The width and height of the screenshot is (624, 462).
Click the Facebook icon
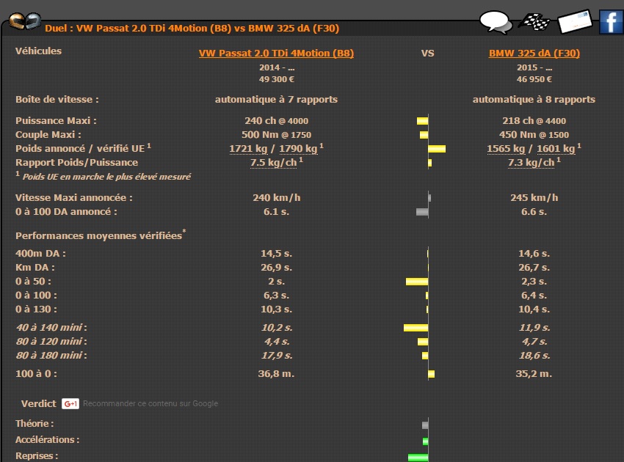coord(611,22)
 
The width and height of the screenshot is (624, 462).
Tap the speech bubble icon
coord(496,22)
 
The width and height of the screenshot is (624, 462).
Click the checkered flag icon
coord(534,22)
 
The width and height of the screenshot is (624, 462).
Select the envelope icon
coord(575,22)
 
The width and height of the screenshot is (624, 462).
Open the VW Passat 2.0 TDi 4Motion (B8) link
coord(276,54)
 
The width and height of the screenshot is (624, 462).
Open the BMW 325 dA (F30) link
coord(534,54)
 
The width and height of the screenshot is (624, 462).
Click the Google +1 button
coord(70,403)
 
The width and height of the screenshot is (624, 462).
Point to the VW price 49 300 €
coord(276,79)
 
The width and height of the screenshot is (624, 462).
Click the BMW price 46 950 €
coord(534,79)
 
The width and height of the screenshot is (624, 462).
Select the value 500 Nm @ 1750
coord(276,135)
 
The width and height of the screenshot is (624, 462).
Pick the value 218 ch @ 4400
coord(534,121)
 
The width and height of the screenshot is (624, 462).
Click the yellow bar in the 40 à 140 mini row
coord(416,327)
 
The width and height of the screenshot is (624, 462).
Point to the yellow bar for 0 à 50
coord(417,282)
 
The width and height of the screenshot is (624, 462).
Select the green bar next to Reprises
coord(418,457)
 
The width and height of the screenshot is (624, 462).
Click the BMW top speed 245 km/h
coord(534,198)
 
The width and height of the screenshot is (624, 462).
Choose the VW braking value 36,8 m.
coord(276,374)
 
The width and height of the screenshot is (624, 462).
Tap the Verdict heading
coord(37,403)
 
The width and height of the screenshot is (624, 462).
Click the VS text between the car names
coord(427,54)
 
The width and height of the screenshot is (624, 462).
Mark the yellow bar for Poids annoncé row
coord(437,149)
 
